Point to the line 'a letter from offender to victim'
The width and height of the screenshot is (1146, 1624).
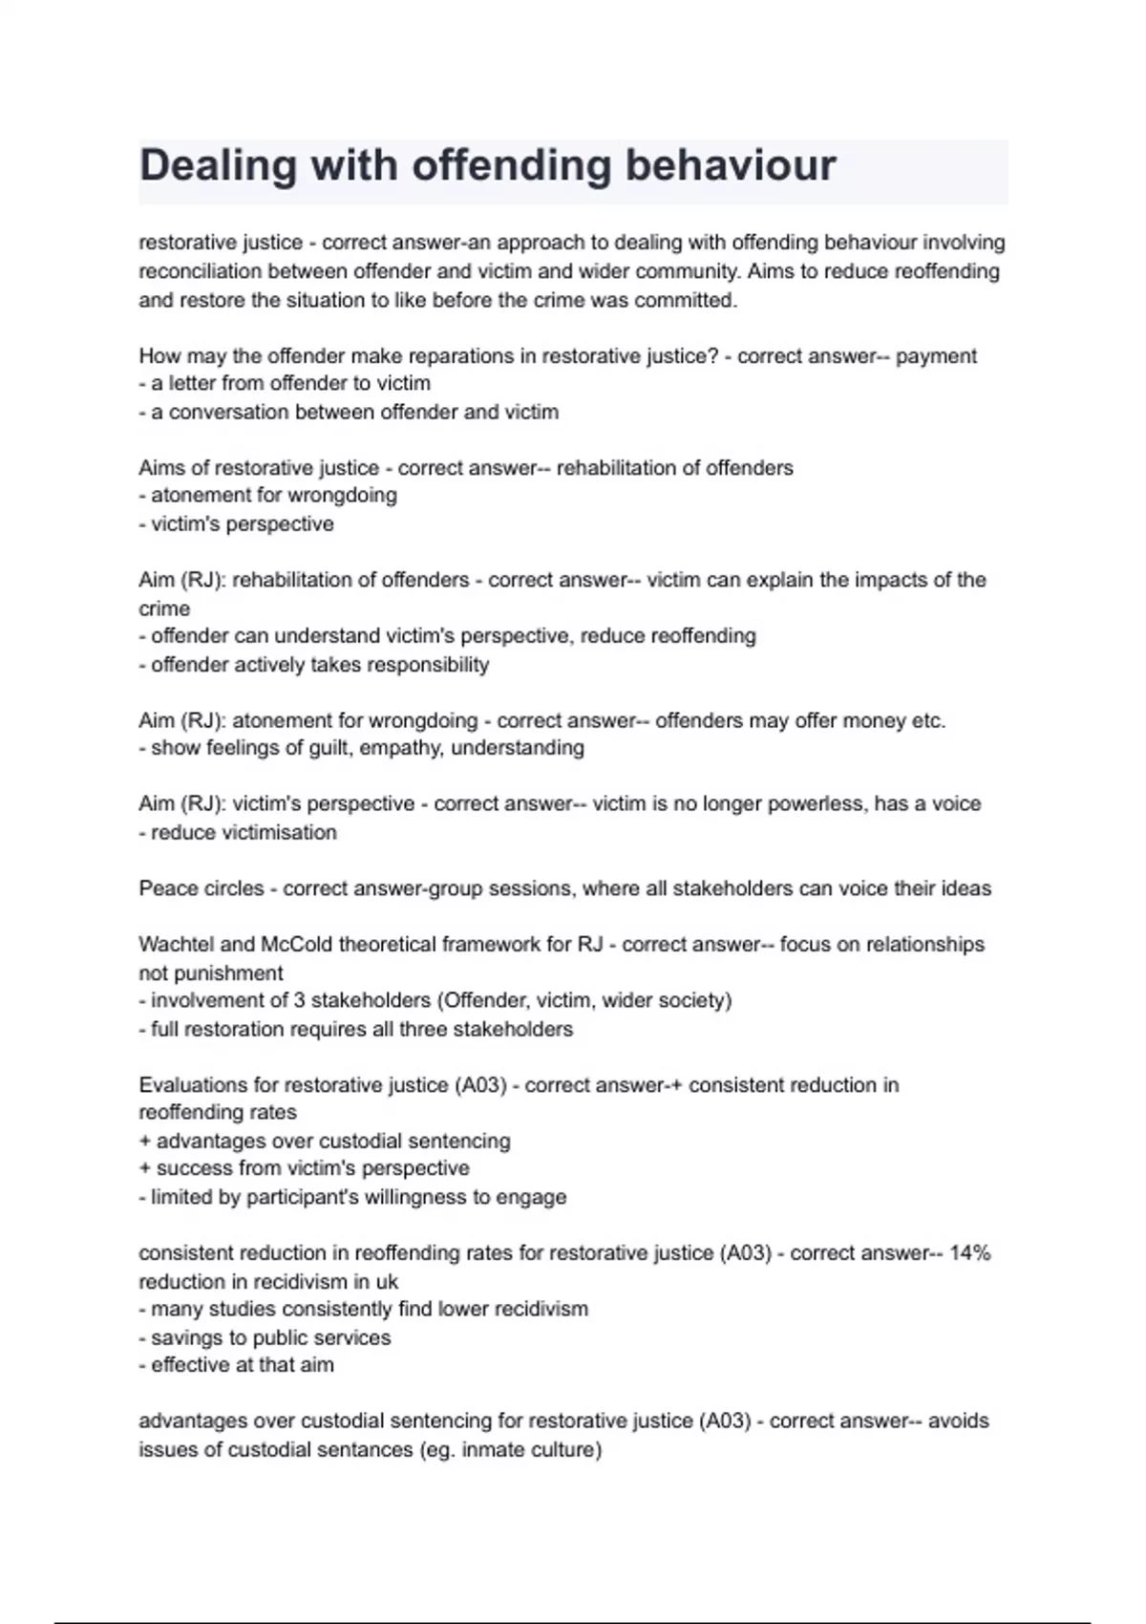[285, 383]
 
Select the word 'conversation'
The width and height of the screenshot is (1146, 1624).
[228, 412]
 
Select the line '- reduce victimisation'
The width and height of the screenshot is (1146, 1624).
[238, 832]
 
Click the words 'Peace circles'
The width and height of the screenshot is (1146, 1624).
[202, 888]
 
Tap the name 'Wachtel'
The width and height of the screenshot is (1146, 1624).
[177, 945]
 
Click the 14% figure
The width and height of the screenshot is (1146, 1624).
[970, 1253]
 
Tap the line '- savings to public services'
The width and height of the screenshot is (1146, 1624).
[265, 1337]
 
